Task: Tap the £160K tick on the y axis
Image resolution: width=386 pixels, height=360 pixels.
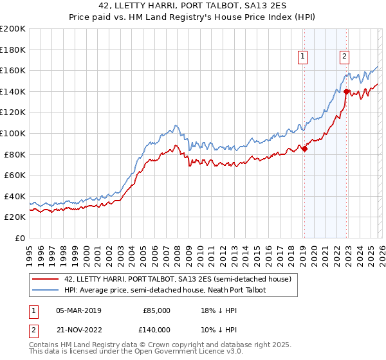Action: point(13,70)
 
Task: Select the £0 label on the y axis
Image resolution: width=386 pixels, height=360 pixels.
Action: point(20,238)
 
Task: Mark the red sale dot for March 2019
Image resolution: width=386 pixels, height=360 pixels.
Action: point(304,149)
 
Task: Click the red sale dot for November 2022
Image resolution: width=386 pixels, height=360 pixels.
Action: point(346,91)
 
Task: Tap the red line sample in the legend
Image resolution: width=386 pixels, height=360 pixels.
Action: point(46,280)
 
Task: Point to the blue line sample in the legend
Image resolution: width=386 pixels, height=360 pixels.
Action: point(46,291)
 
